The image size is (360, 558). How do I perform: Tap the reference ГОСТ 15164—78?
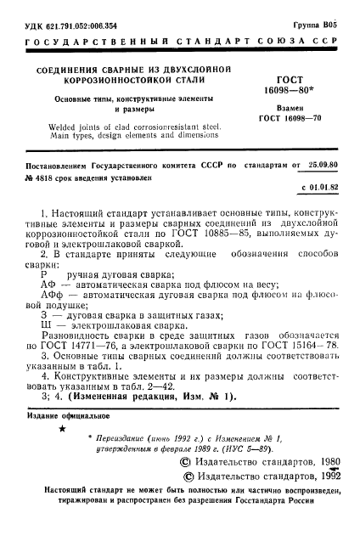coord(297,370)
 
